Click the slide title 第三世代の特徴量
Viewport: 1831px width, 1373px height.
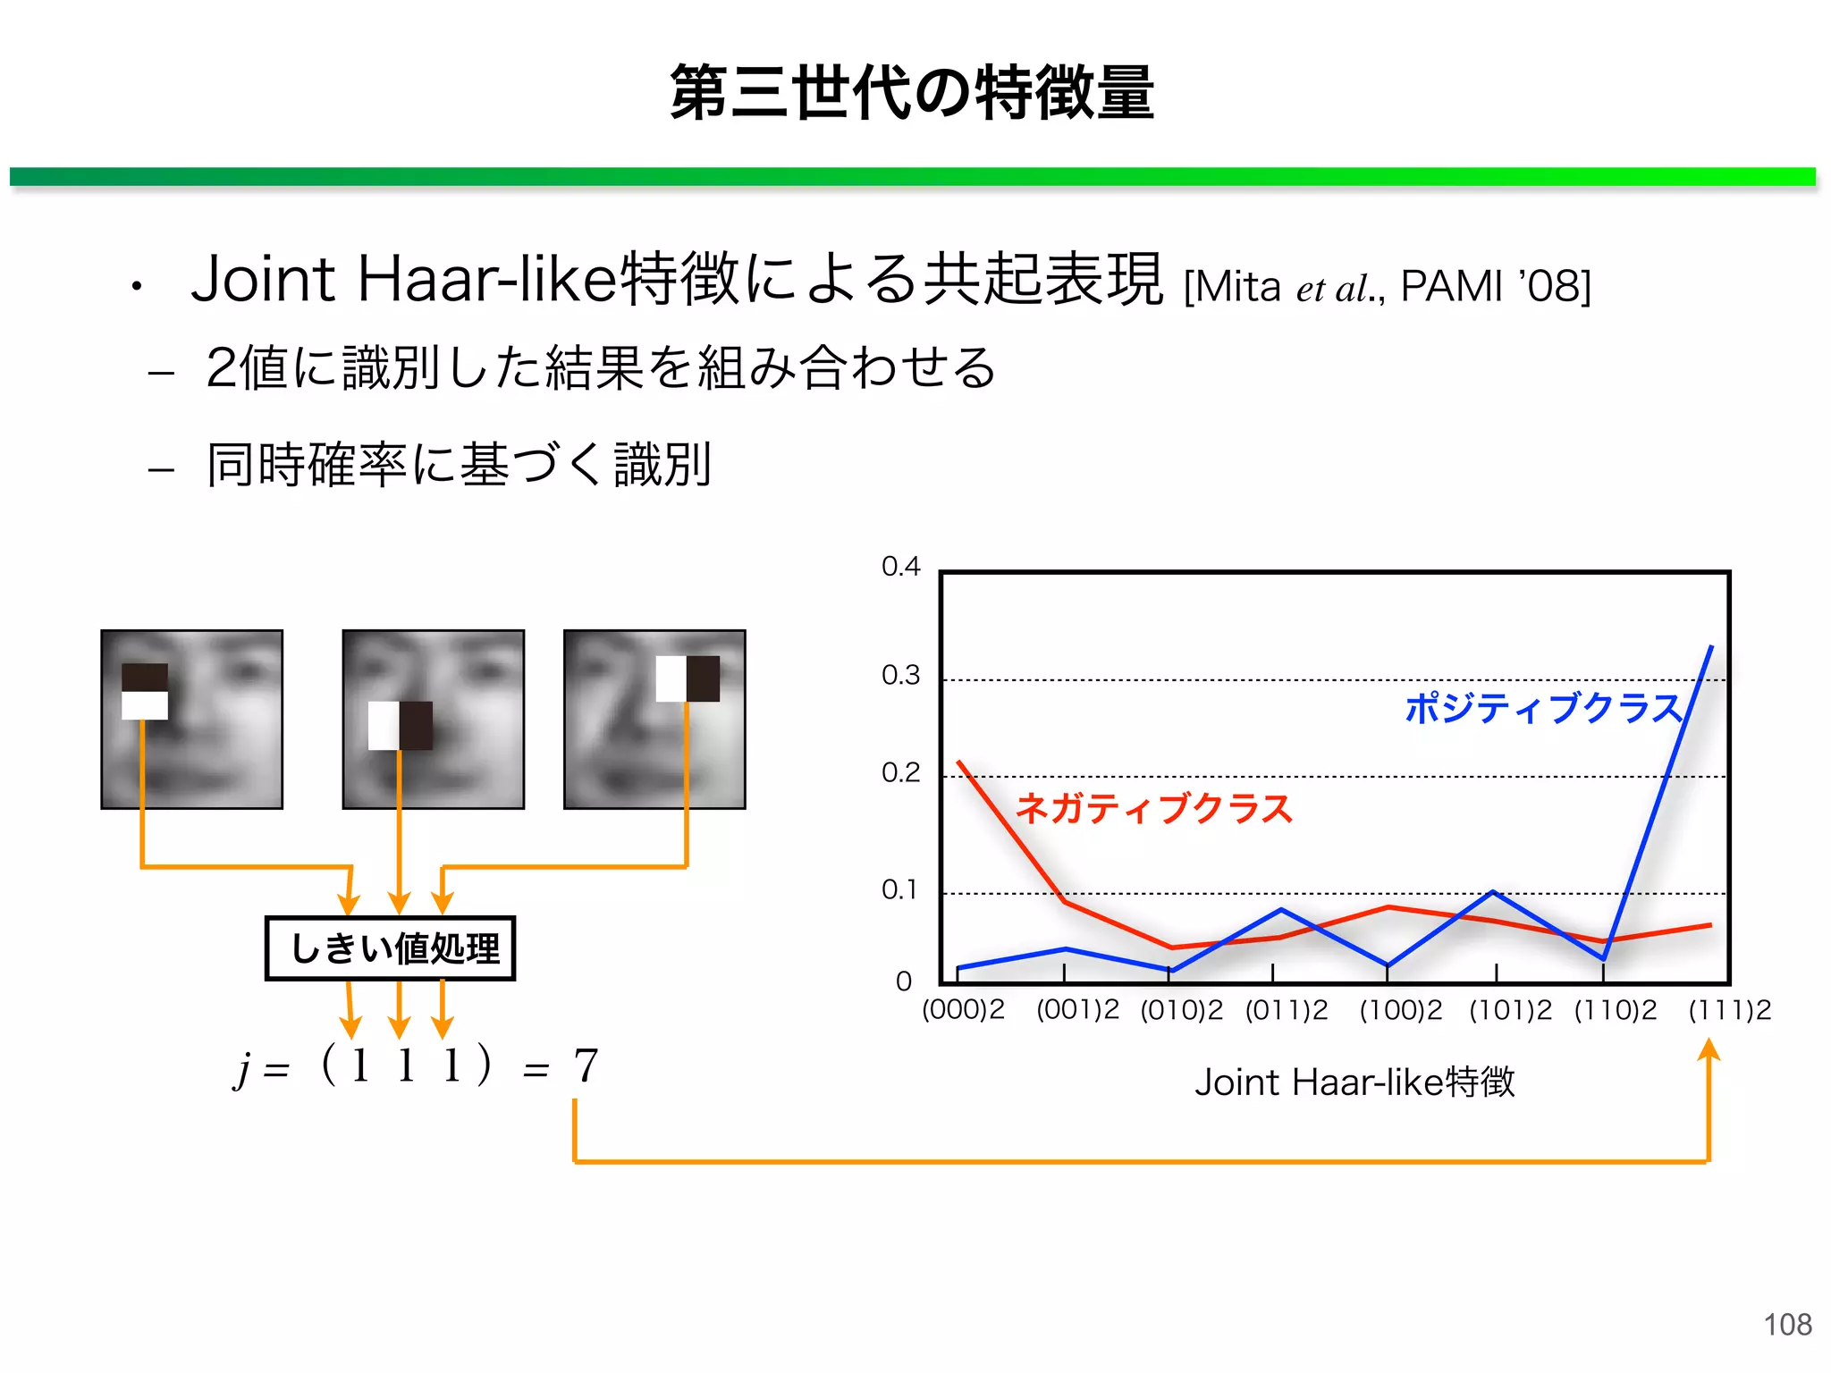point(912,92)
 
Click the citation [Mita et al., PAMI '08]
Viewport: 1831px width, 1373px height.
point(1387,287)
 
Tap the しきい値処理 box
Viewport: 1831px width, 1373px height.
point(391,948)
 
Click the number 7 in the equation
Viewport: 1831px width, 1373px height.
point(586,1066)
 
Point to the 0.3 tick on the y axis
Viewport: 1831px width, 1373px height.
point(900,675)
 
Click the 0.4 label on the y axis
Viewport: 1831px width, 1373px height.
point(900,566)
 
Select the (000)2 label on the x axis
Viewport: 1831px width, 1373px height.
point(963,1010)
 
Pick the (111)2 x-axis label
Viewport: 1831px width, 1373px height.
point(1729,1010)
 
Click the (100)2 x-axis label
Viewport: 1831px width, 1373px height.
point(1400,1010)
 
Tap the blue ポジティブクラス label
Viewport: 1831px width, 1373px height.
point(1543,708)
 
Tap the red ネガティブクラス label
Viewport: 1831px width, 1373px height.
point(1154,808)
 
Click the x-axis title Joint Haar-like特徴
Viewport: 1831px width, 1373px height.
point(1354,1082)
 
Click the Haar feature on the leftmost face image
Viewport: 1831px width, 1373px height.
point(145,691)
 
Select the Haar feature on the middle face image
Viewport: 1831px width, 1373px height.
point(401,725)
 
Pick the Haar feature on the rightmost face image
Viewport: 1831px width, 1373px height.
point(688,678)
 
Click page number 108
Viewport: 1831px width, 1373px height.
point(1787,1324)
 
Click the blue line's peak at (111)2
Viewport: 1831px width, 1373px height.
point(1711,647)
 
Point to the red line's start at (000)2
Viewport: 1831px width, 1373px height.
point(959,762)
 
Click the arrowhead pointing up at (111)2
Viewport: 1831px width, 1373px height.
point(1709,1049)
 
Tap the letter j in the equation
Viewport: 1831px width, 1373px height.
point(241,1067)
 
